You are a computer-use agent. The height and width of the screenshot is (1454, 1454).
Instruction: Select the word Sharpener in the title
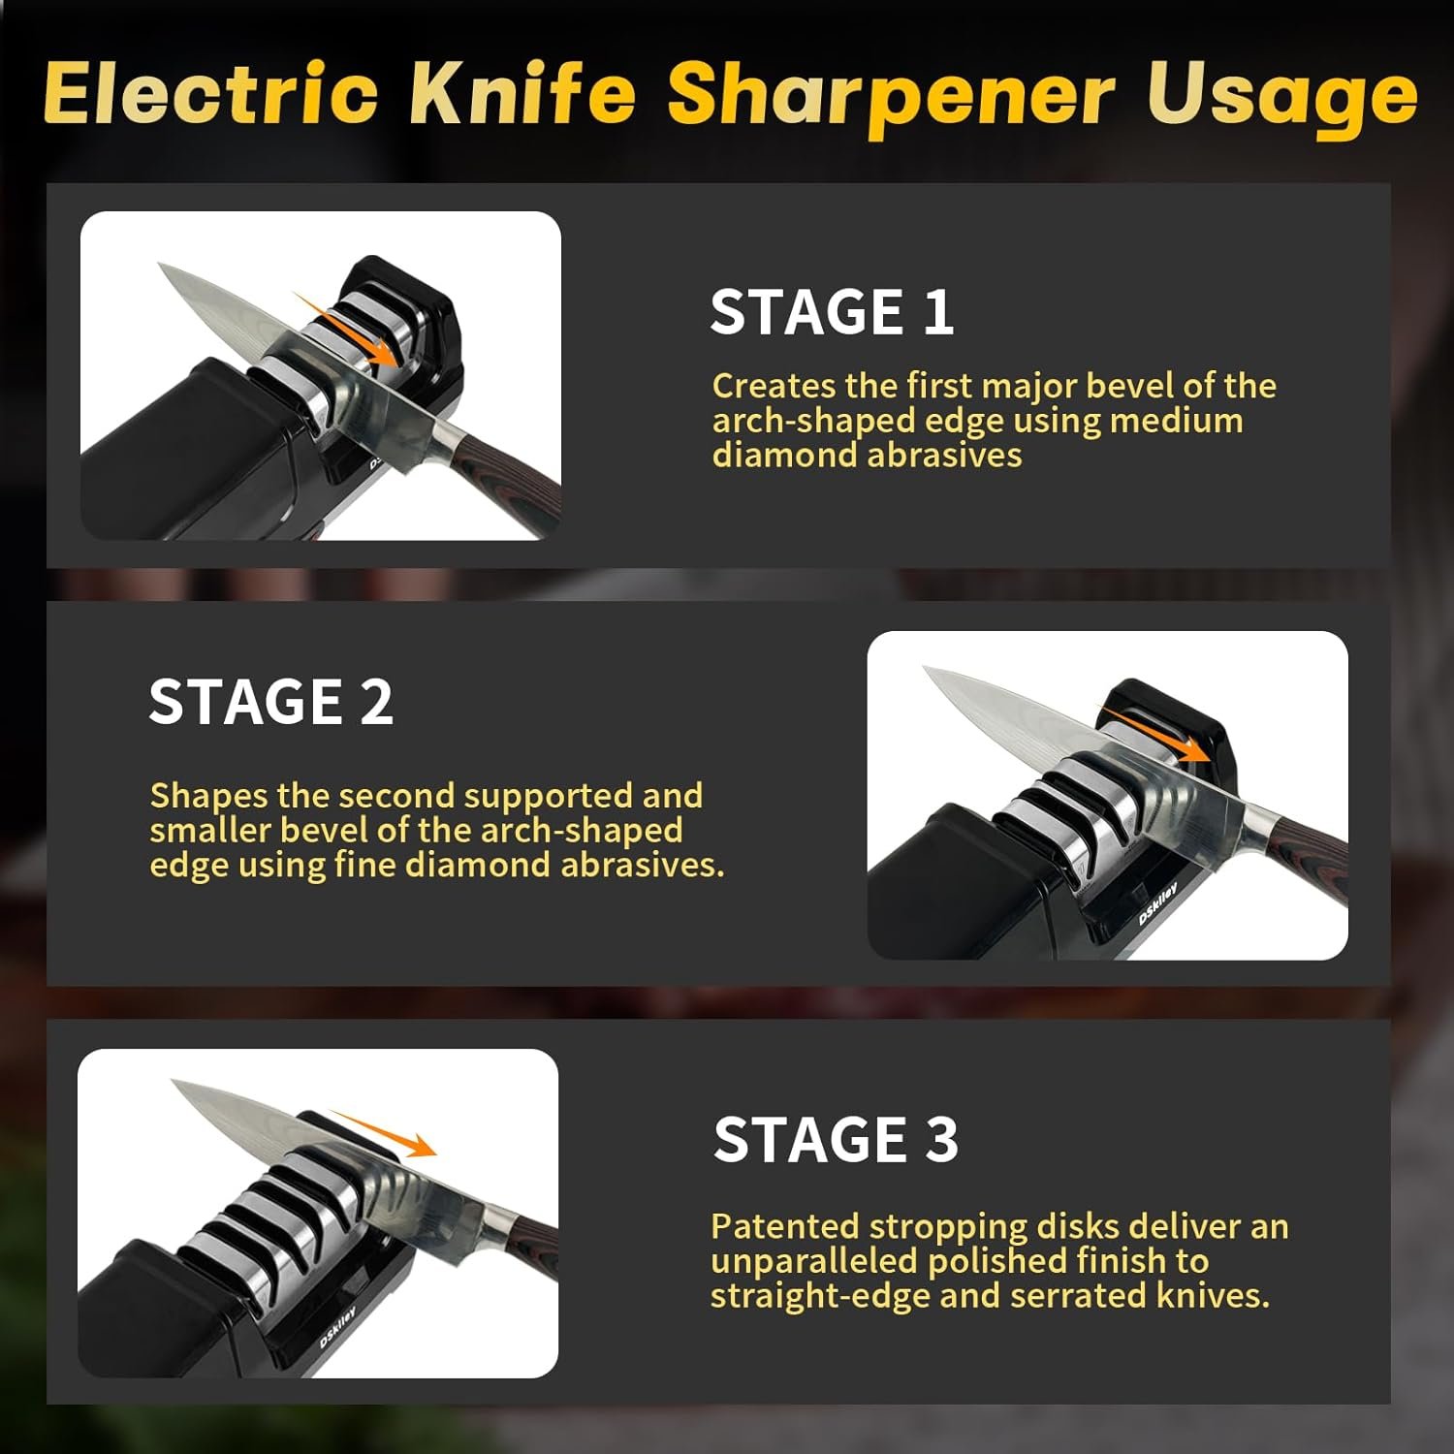(891, 98)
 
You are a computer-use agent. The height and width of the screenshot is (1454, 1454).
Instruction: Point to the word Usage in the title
(1282, 98)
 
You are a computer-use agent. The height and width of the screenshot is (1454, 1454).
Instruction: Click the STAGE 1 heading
(832, 312)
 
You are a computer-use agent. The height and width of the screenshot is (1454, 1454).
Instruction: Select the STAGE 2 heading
(270, 702)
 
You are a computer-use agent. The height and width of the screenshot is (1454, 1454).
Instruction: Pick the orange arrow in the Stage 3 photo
(382, 1133)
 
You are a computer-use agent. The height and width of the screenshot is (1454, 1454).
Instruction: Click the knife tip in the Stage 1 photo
(159, 264)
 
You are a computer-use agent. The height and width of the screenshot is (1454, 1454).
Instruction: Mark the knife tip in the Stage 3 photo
(173, 1082)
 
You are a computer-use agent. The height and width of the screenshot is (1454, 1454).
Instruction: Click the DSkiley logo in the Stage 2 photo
(1158, 902)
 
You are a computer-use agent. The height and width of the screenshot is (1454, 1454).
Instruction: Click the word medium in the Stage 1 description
(1176, 421)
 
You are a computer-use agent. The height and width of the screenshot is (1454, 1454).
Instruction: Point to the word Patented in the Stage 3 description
(785, 1226)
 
